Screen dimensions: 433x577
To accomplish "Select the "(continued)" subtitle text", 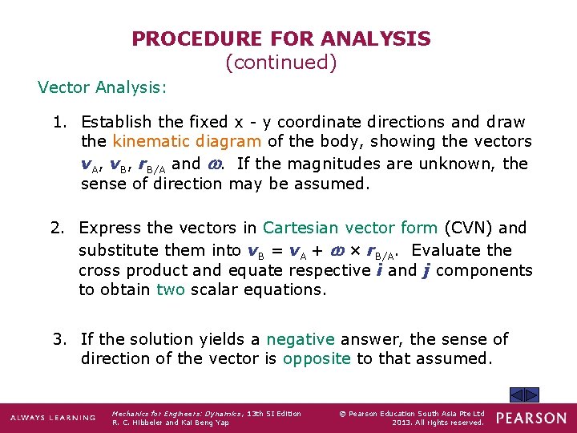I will click(x=281, y=62).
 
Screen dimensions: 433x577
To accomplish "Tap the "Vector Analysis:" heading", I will click(x=103, y=87).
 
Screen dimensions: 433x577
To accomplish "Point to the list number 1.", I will click(x=59, y=122).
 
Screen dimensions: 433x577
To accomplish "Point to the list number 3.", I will click(x=59, y=339).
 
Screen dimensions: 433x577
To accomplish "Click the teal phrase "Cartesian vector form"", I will click(x=350, y=228).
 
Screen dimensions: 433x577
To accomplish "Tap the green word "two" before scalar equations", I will click(x=170, y=289).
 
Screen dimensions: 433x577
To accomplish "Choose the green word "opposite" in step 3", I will click(x=317, y=358).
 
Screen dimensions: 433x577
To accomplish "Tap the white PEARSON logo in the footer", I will click(x=531, y=418).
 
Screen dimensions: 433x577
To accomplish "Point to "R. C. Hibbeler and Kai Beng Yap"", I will click(x=170, y=423).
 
